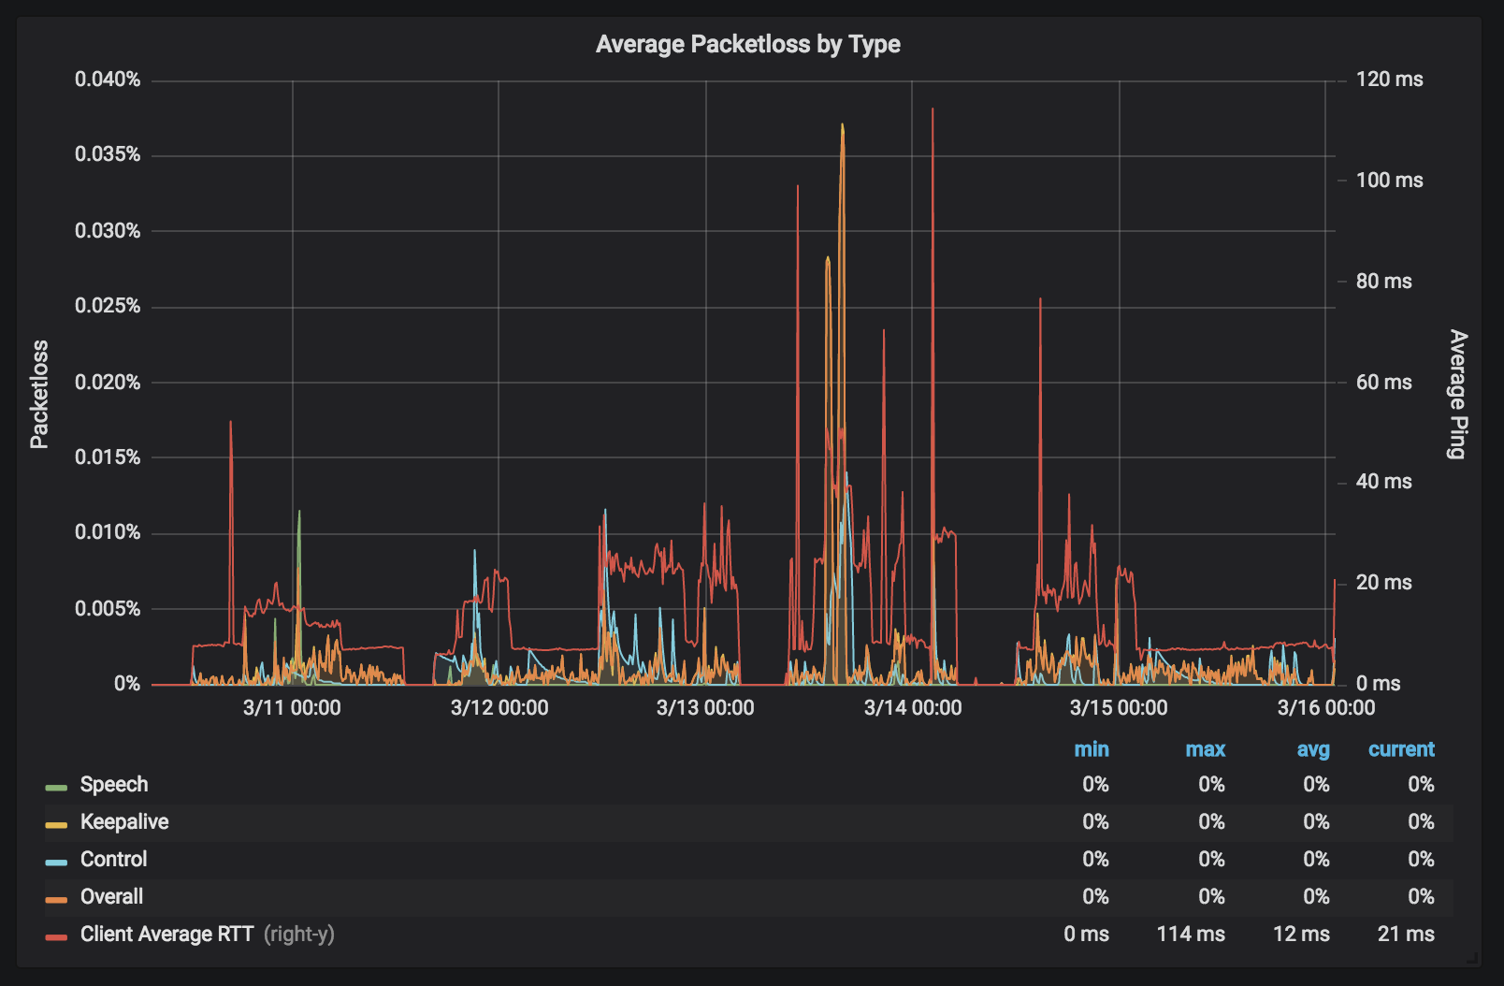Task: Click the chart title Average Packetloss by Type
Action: [x=747, y=44]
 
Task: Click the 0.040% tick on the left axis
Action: [x=108, y=80]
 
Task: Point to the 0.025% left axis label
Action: [x=108, y=306]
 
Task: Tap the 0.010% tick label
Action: [x=108, y=532]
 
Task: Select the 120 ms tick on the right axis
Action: [x=1389, y=80]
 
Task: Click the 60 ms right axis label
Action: [x=1383, y=382]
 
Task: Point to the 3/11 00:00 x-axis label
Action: [x=292, y=707]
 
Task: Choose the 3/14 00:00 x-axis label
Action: [x=912, y=707]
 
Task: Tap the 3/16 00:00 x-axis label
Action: [x=1325, y=707]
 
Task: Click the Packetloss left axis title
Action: [x=39, y=394]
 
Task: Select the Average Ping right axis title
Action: [x=1457, y=394]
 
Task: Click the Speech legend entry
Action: [x=113, y=785]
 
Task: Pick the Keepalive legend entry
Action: [x=123, y=822]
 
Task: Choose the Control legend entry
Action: [x=113, y=860]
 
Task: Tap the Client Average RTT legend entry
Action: [x=166, y=935]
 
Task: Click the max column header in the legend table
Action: [x=1205, y=749]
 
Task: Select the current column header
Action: [x=1400, y=749]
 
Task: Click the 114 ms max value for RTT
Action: [x=1191, y=935]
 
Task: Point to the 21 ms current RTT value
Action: [x=1406, y=935]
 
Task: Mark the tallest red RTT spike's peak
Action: [x=933, y=109]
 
